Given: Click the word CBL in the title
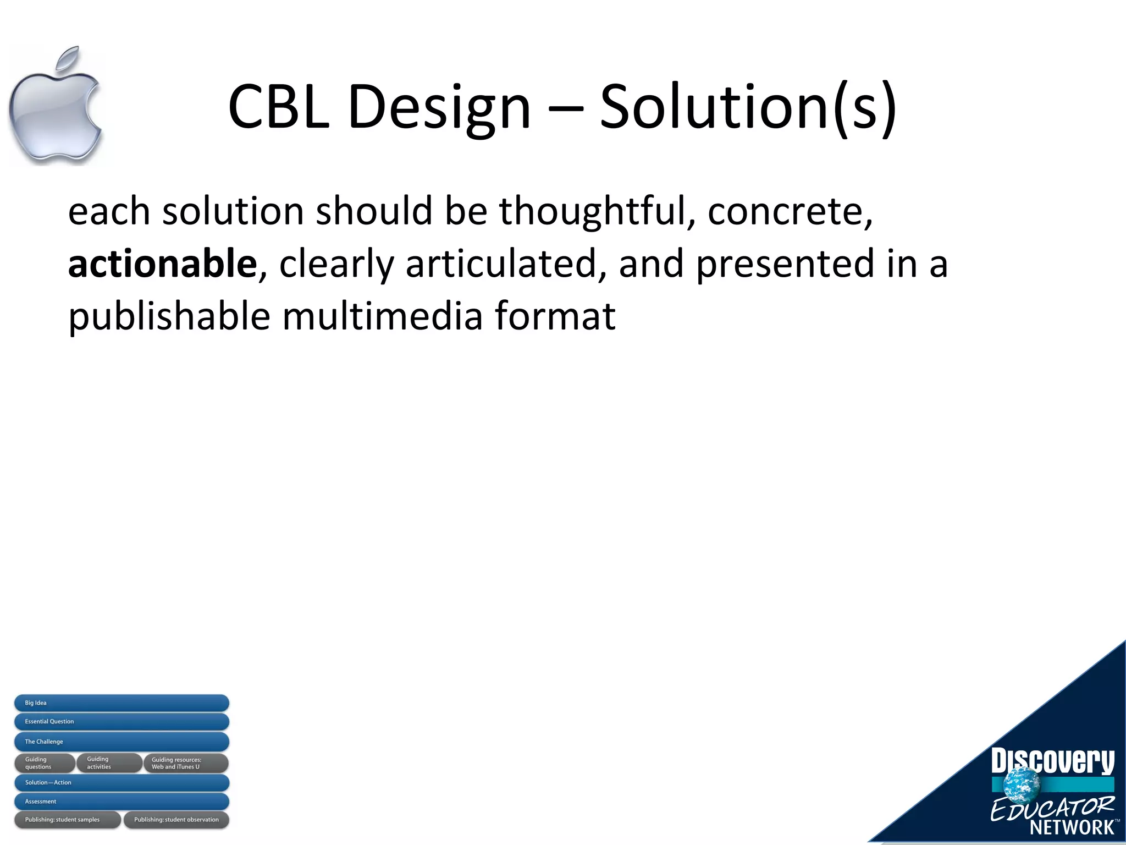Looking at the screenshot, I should [x=279, y=107].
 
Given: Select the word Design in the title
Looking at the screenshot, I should [x=439, y=108].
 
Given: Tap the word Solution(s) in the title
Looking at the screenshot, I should [x=748, y=108].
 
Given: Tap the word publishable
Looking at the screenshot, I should [x=169, y=317].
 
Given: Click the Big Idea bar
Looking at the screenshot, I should [x=122, y=703].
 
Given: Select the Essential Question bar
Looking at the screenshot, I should [x=122, y=722].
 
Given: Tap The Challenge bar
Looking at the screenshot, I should [x=122, y=742].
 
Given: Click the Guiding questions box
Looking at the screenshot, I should [x=44, y=763].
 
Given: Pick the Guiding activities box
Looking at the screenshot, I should [x=109, y=763].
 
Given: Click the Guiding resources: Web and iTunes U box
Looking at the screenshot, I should [x=186, y=763].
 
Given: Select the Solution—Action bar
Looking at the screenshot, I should [x=122, y=782].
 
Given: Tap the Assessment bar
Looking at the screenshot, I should [x=122, y=802].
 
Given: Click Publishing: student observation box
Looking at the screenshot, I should [x=176, y=820].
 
